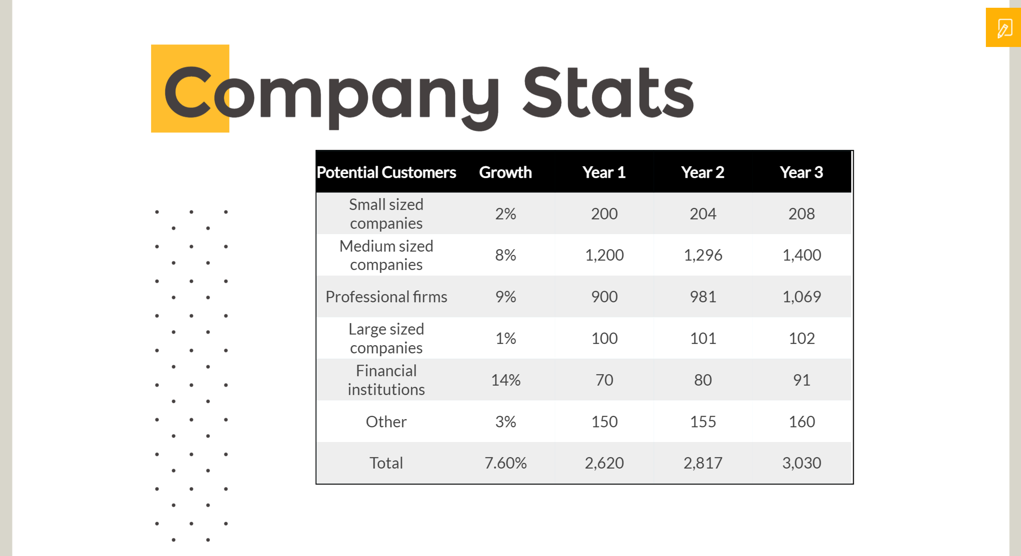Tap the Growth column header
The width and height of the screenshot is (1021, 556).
point(505,172)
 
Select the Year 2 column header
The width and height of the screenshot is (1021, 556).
point(703,172)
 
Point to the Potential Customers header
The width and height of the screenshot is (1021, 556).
point(386,172)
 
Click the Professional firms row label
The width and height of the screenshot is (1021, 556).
point(386,297)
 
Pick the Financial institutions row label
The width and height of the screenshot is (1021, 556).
point(386,380)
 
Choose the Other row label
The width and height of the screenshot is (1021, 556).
point(386,422)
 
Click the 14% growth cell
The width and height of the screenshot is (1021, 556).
point(505,380)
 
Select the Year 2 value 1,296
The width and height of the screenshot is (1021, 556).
point(703,255)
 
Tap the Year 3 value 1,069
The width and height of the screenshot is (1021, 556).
point(801,297)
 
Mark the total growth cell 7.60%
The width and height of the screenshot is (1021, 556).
point(505,463)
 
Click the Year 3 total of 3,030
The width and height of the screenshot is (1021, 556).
point(801,463)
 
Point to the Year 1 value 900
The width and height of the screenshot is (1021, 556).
point(604,297)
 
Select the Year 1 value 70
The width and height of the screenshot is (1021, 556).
point(604,380)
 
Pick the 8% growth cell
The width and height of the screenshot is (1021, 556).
point(505,255)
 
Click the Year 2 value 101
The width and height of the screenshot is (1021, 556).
point(703,338)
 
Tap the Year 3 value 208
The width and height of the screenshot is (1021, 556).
point(801,214)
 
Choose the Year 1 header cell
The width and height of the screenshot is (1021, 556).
point(604,172)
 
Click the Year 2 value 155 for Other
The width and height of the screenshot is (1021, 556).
point(703,422)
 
